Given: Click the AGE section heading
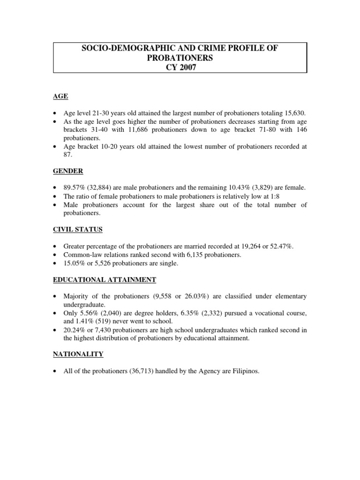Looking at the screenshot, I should (61, 96).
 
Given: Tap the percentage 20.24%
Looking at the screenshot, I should (75, 330).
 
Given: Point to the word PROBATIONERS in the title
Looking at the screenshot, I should (180, 58).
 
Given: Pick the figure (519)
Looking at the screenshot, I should (101, 322).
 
